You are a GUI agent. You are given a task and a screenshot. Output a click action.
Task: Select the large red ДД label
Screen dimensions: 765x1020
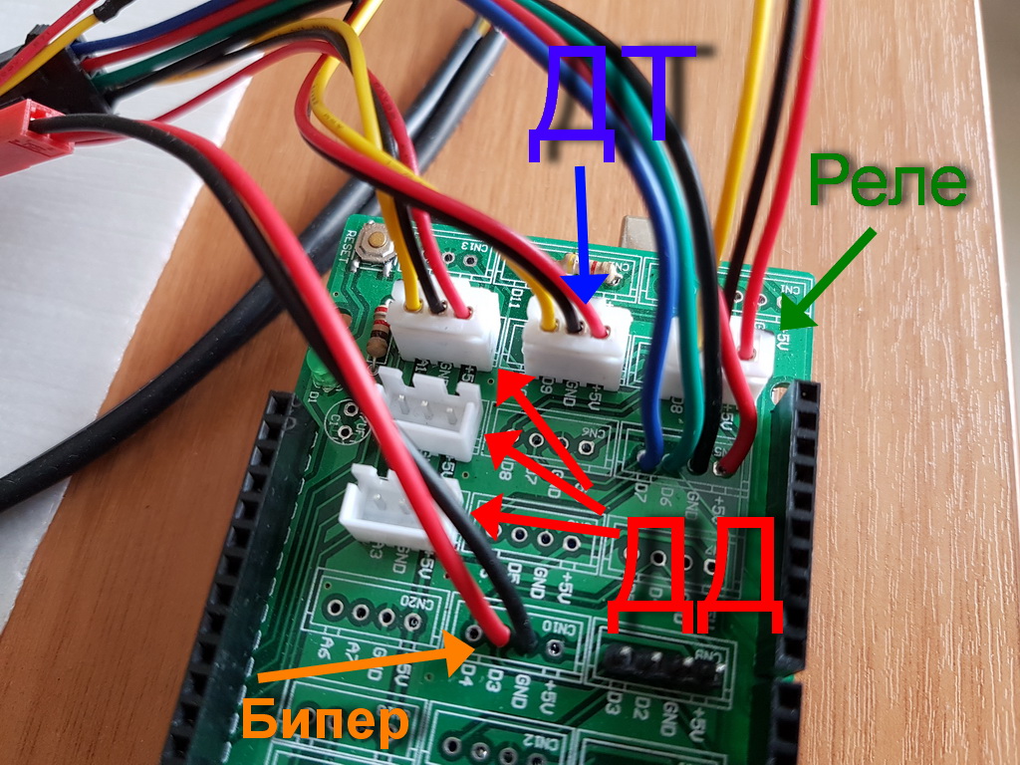tap(692, 575)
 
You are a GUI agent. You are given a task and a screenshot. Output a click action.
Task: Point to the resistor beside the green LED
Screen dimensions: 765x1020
tap(378, 333)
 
